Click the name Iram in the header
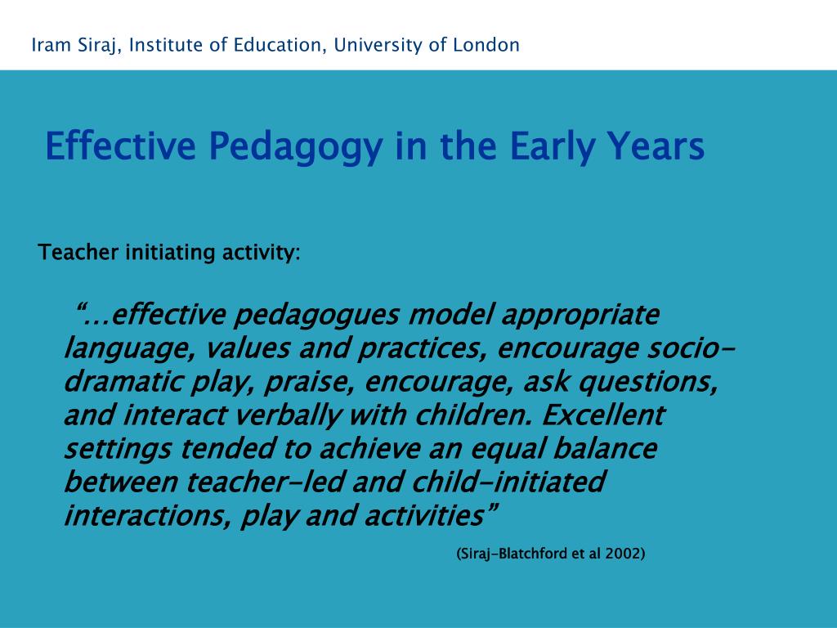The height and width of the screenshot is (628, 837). click(48, 45)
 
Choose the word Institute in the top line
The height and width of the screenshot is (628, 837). click(167, 45)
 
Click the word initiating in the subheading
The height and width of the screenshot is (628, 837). click(171, 253)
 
